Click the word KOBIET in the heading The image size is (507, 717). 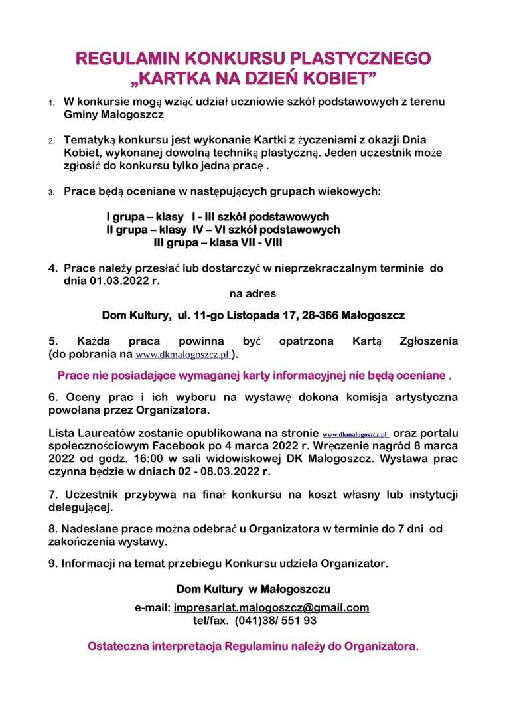[x=342, y=80]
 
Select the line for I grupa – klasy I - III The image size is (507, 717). [x=218, y=217]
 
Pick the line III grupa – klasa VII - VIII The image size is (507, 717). [x=218, y=243]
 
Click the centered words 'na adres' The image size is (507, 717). [x=253, y=293]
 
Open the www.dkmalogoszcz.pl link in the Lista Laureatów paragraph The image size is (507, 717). [x=356, y=434]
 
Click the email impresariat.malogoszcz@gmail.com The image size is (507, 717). [x=271, y=607]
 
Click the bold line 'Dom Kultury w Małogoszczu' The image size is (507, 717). [x=253, y=589]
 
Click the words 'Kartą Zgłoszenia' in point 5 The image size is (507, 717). [x=405, y=341]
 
